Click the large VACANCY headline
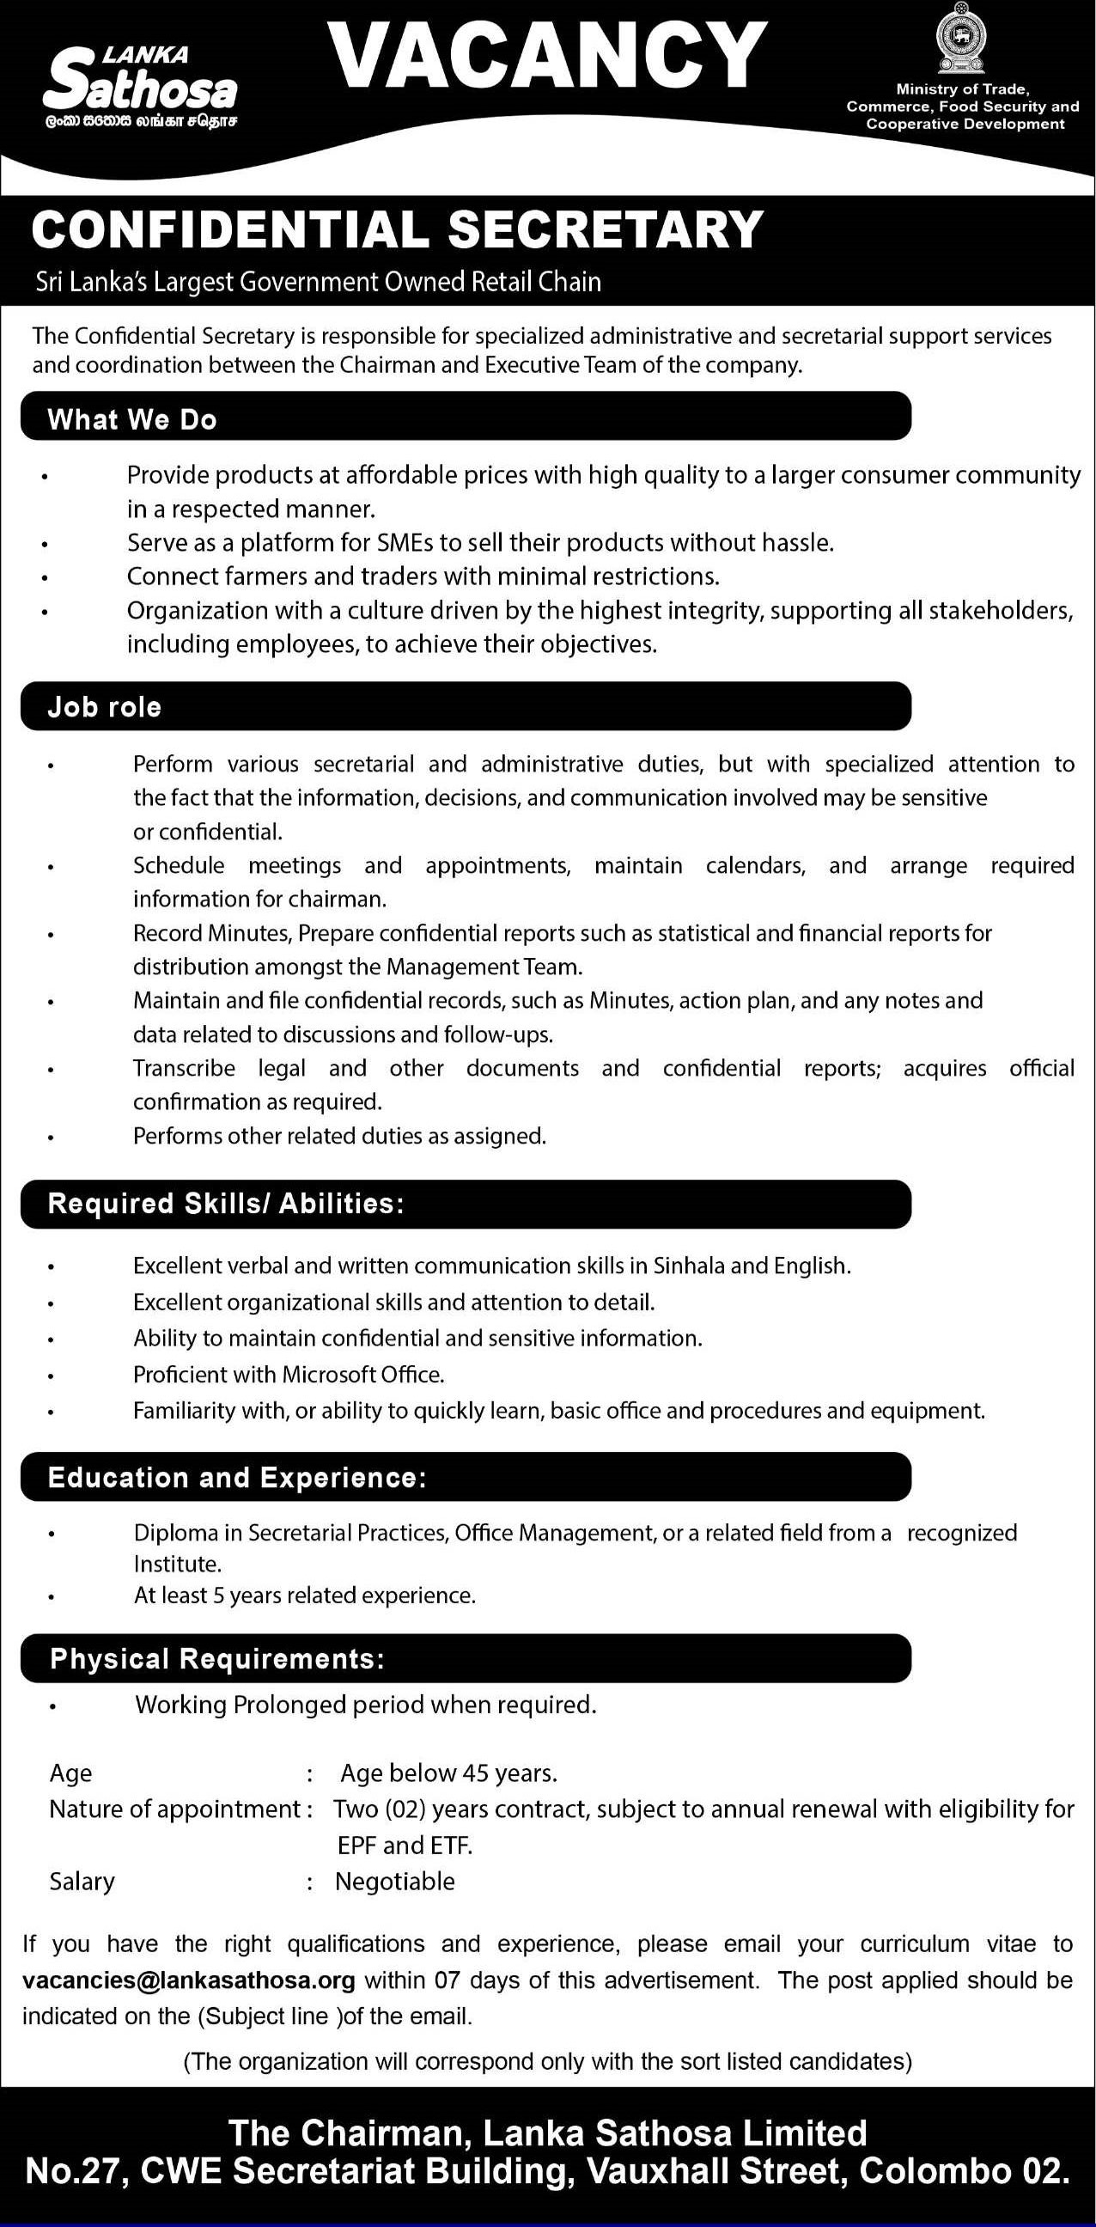pos(548,57)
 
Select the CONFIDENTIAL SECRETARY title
pos(398,230)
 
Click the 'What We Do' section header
pos(132,419)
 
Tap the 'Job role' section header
pos(105,707)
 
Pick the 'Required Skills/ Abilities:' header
pos(226,1204)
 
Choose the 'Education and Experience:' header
pos(237,1478)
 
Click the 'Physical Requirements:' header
pos(217,1659)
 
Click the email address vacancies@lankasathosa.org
pos(189,1980)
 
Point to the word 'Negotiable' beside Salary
pos(395,1882)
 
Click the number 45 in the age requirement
pos(476,1774)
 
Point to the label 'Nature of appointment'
pos(174,1809)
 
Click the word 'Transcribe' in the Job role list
pos(184,1069)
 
